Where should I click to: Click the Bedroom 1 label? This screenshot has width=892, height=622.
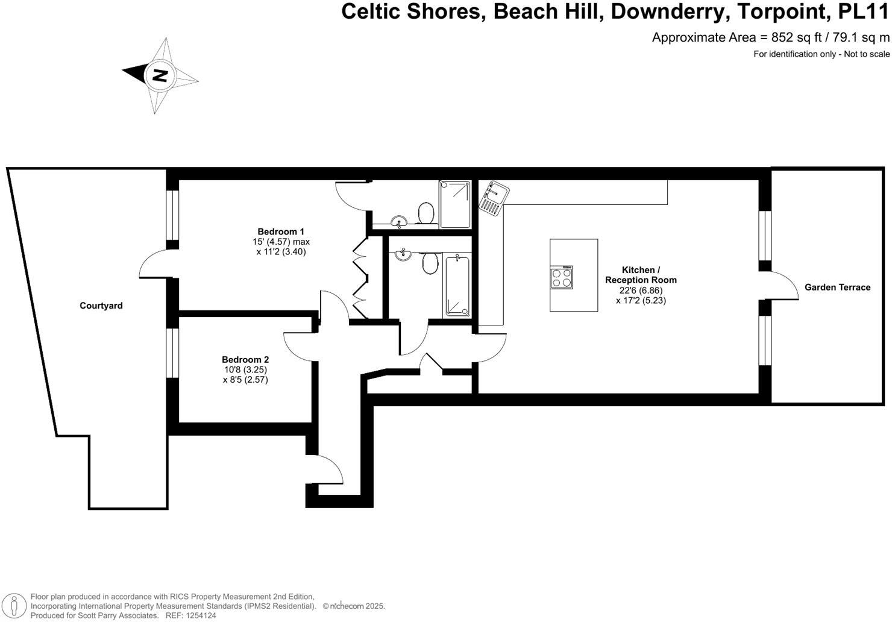point(281,231)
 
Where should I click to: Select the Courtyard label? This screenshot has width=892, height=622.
point(101,306)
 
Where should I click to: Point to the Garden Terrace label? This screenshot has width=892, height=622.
point(837,287)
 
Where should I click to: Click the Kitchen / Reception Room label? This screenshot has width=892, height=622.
point(641,275)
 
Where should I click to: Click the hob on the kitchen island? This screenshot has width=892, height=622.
point(562,277)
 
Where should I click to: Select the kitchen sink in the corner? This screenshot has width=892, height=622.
point(494,197)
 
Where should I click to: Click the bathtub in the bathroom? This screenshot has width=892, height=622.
point(457,285)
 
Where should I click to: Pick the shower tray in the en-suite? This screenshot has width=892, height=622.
point(455,204)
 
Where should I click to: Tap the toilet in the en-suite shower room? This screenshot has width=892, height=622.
point(426,213)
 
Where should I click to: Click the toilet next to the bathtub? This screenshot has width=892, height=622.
point(430,263)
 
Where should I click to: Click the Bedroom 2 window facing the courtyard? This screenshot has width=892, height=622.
point(173,353)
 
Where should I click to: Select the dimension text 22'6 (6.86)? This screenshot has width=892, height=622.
point(641,290)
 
